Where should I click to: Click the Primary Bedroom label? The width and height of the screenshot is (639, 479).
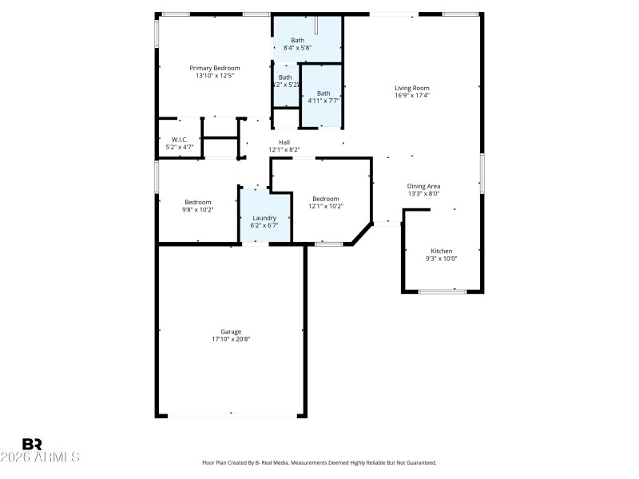point(214,68)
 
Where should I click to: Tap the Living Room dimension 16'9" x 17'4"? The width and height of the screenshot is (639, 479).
point(412,96)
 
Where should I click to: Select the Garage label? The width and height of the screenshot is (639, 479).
point(231,331)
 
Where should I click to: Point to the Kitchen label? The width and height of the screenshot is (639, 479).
point(441,251)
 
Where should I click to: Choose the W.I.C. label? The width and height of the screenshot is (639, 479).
point(179,140)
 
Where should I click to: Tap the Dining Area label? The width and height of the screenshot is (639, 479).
point(424,186)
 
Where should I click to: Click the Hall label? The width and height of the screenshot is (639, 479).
point(284,142)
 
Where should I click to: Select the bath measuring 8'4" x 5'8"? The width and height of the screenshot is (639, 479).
point(297,41)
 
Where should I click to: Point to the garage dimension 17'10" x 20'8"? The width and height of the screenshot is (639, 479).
point(231,339)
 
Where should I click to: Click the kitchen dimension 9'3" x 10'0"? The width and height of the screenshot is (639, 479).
point(441,259)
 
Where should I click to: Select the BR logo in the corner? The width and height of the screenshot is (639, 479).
point(32,444)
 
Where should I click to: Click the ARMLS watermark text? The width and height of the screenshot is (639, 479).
point(41,457)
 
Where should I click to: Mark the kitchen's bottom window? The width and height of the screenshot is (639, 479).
point(443,291)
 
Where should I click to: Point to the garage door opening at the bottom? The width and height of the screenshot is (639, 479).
point(232,414)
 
